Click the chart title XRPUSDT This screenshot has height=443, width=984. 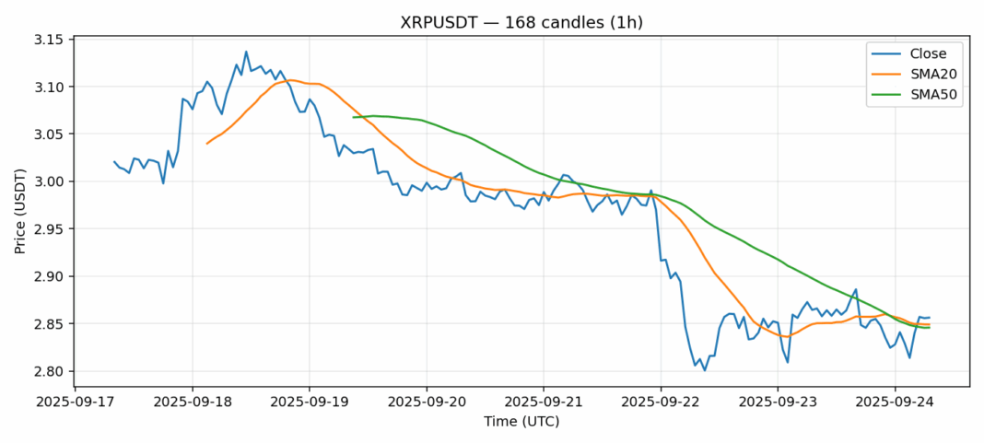point(521,22)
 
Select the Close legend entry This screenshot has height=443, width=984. point(921,53)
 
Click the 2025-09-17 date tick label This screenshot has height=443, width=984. point(76,402)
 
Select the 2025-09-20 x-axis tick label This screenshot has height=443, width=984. point(427,402)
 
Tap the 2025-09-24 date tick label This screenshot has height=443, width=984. point(895,402)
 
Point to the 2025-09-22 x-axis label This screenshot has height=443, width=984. point(661,402)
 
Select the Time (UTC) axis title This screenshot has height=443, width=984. point(521,422)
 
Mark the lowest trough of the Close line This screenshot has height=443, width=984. point(705,370)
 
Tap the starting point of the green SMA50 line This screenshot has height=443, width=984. point(353,117)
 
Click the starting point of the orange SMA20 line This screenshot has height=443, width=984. point(206,144)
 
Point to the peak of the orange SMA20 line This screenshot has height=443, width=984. point(290,80)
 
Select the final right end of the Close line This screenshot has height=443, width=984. point(929,318)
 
